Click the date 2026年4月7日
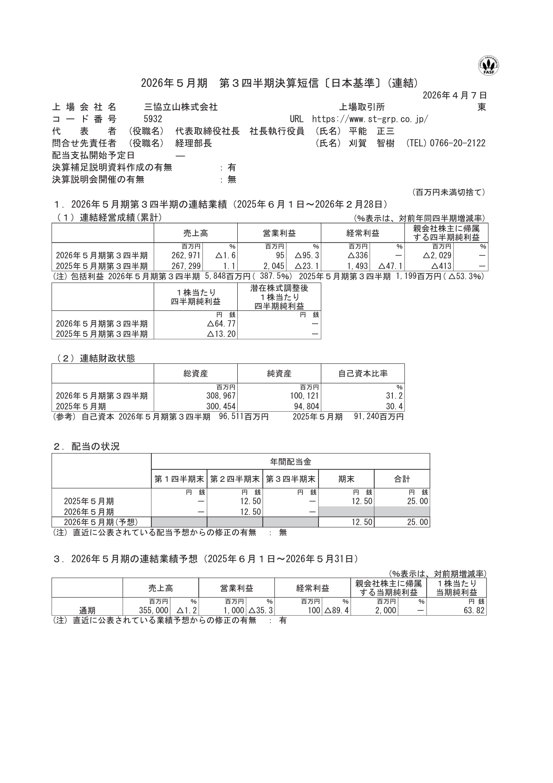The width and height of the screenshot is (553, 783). coord(455,95)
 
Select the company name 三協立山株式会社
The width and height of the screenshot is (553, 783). coord(181,107)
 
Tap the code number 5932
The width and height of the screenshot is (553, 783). coord(153,119)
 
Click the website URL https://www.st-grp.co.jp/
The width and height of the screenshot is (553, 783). coord(370,119)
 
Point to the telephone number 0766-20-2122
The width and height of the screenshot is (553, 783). coord(457,143)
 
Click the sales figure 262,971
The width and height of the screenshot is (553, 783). coord(186,256)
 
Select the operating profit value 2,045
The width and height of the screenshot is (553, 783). coord(273,266)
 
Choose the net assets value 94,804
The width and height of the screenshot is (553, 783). coord(305,407)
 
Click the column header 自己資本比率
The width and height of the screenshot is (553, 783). coord(363,373)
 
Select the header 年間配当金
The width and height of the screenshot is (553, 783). coord(290,461)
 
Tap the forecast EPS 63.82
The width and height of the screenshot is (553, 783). coord(474,611)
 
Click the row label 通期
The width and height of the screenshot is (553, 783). coord(87,611)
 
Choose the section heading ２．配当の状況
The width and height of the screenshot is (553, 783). coord(87,447)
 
